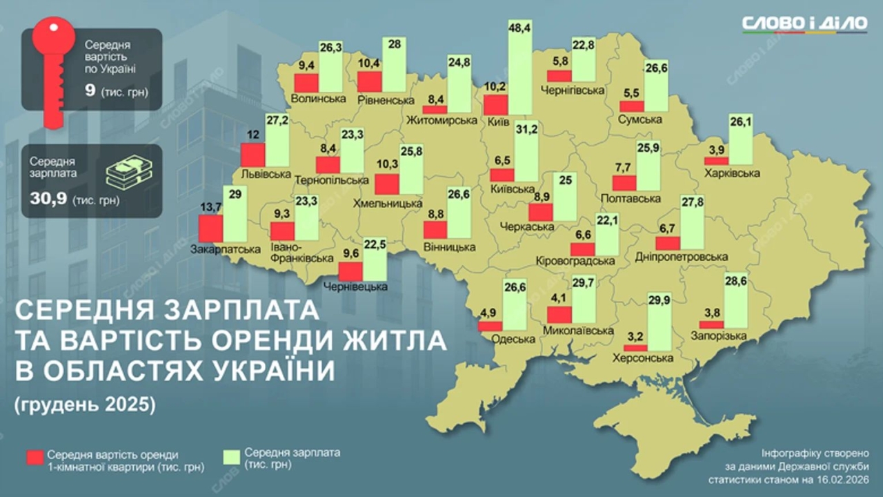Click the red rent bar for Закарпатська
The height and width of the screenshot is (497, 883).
[210, 228]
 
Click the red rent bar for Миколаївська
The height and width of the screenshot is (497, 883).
[559, 315]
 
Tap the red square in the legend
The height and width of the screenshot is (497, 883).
[34, 458]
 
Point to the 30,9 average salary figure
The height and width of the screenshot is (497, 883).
[48, 200]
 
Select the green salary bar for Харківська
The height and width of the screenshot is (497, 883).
[740, 146]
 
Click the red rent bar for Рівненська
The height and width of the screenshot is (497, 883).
[370, 81]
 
